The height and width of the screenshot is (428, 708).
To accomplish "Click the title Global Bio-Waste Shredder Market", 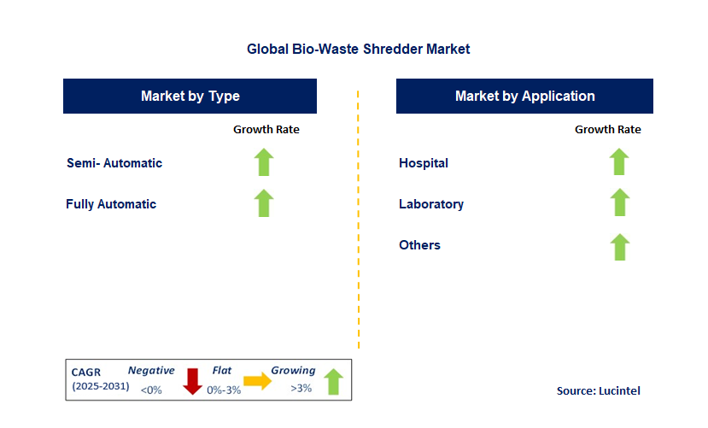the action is pyautogui.click(x=358, y=49).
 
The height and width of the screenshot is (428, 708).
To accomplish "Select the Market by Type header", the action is pyautogui.click(x=190, y=96).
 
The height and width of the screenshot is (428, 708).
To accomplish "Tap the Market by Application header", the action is pyautogui.click(x=524, y=96).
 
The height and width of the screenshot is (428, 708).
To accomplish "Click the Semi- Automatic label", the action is pyautogui.click(x=114, y=163).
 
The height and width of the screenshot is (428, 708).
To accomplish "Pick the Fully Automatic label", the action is pyautogui.click(x=111, y=204).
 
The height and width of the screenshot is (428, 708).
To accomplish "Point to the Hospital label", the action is pyautogui.click(x=424, y=163).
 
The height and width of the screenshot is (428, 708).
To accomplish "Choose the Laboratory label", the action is pyautogui.click(x=431, y=204).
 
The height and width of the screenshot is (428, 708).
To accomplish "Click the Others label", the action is pyautogui.click(x=419, y=244).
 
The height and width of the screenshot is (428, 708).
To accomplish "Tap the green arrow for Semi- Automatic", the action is pyautogui.click(x=264, y=162).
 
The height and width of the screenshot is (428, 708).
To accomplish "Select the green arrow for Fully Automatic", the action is pyautogui.click(x=264, y=203).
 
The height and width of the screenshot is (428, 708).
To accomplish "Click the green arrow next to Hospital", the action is pyautogui.click(x=619, y=161).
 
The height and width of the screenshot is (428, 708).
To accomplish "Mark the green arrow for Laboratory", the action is pyautogui.click(x=619, y=202).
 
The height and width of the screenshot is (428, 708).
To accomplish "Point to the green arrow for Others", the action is pyautogui.click(x=619, y=247).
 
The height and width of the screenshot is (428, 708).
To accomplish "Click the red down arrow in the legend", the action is pyautogui.click(x=192, y=382).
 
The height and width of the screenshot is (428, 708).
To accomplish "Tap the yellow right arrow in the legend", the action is pyautogui.click(x=257, y=381).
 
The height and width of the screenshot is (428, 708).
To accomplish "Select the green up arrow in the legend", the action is pyautogui.click(x=334, y=382).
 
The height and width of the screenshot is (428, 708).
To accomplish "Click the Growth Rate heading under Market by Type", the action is pyautogui.click(x=266, y=130).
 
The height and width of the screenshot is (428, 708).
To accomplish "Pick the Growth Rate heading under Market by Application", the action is pyautogui.click(x=608, y=130).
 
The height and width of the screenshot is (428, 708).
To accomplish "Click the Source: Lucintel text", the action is pyautogui.click(x=599, y=390).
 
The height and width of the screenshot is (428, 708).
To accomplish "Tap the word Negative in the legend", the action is pyautogui.click(x=151, y=370).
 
